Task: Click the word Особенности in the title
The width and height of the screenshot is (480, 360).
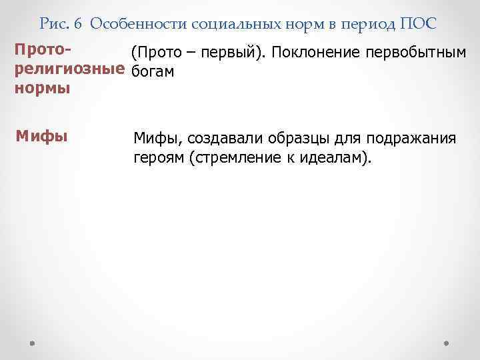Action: click(138, 25)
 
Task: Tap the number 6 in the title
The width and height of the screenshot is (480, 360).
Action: click(79, 25)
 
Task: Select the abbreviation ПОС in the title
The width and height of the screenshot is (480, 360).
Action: click(419, 25)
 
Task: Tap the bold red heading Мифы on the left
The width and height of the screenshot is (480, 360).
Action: click(41, 136)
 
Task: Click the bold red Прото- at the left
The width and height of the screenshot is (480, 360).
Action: click(43, 51)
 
